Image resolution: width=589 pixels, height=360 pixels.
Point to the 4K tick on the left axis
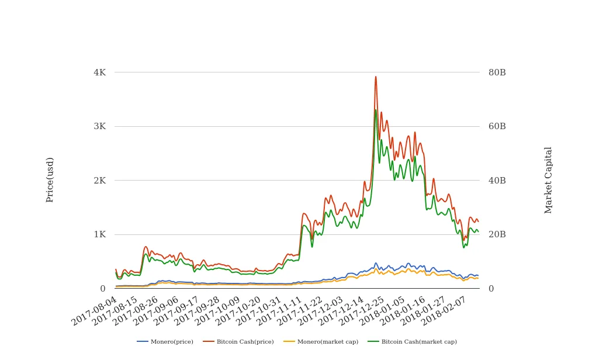pyautogui.click(x=99, y=72)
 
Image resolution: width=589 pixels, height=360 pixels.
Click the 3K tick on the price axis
pyautogui.click(x=99, y=126)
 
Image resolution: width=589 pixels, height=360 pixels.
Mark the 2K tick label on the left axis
pyautogui.click(x=99, y=181)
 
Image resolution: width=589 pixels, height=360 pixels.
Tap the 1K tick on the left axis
pyautogui.click(x=99, y=234)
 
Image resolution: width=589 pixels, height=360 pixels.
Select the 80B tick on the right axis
pyautogui.click(x=497, y=72)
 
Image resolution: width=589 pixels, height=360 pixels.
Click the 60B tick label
pyautogui.click(x=497, y=126)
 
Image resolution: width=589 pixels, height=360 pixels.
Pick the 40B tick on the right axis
pyautogui.click(x=497, y=181)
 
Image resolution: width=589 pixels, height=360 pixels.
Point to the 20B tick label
pyautogui.click(x=497, y=234)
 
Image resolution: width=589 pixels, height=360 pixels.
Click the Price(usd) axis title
pyautogui.click(x=50, y=179)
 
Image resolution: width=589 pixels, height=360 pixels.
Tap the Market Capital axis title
pyautogui.click(x=548, y=179)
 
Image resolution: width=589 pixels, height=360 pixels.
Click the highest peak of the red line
pyautogui.click(x=376, y=77)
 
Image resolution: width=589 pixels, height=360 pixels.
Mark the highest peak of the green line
pyautogui.click(x=376, y=110)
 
